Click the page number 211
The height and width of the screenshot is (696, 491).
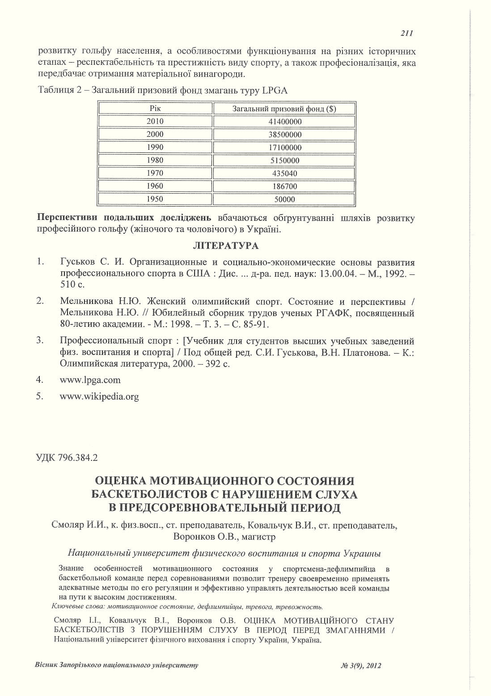point(406,33)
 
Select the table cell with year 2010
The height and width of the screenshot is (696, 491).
point(155,121)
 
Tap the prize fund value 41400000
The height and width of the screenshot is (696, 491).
point(285,122)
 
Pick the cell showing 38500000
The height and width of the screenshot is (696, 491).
point(285,135)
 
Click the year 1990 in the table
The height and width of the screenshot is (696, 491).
point(155,147)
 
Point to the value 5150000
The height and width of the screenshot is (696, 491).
point(285,160)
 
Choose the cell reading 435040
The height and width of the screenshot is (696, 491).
point(285,173)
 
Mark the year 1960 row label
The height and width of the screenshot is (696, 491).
point(155,186)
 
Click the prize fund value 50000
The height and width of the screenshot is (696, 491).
point(285,199)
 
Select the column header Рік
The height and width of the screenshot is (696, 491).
point(155,108)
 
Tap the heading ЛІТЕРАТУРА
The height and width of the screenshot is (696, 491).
point(225,246)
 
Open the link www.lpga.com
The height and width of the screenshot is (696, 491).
point(90,380)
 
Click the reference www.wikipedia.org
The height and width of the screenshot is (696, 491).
point(99,397)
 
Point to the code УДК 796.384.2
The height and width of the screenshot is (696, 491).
point(66,458)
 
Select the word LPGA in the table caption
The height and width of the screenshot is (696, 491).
point(275,90)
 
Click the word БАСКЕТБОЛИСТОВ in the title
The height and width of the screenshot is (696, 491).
point(154,494)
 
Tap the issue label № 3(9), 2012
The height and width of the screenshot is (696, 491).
point(361,666)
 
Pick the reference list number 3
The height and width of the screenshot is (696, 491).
point(40,341)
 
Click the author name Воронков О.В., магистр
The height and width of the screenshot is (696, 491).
point(224,536)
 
